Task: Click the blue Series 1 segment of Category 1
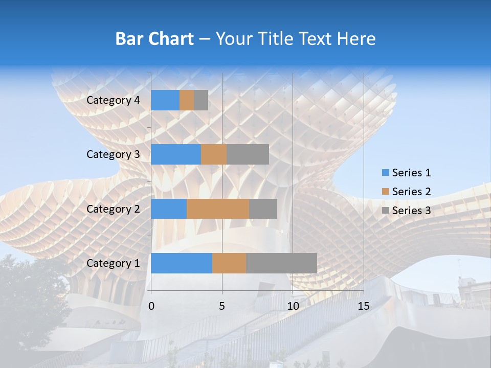tap(182, 263)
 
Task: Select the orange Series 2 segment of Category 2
tap(218, 209)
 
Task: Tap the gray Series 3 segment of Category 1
tap(281, 263)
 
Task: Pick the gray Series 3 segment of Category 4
tap(201, 100)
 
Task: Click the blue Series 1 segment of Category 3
tap(176, 154)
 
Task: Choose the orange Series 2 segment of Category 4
tap(187, 100)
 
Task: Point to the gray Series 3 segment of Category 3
tap(248, 154)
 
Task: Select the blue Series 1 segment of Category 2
tap(169, 209)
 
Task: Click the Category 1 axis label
tap(113, 263)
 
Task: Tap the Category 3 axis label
tap(113, 154)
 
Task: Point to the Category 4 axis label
tap(113, 100)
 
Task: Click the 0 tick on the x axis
tap(151, 306)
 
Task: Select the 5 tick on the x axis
tap(222, 306)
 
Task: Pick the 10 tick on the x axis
tap(293, 306)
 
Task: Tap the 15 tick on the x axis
tap(363, 306)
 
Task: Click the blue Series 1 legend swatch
tap(385, 173)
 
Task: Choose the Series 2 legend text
tap(411, 192)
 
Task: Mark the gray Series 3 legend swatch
tap(385, 211)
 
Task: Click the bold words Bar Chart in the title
tap(154, 39)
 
